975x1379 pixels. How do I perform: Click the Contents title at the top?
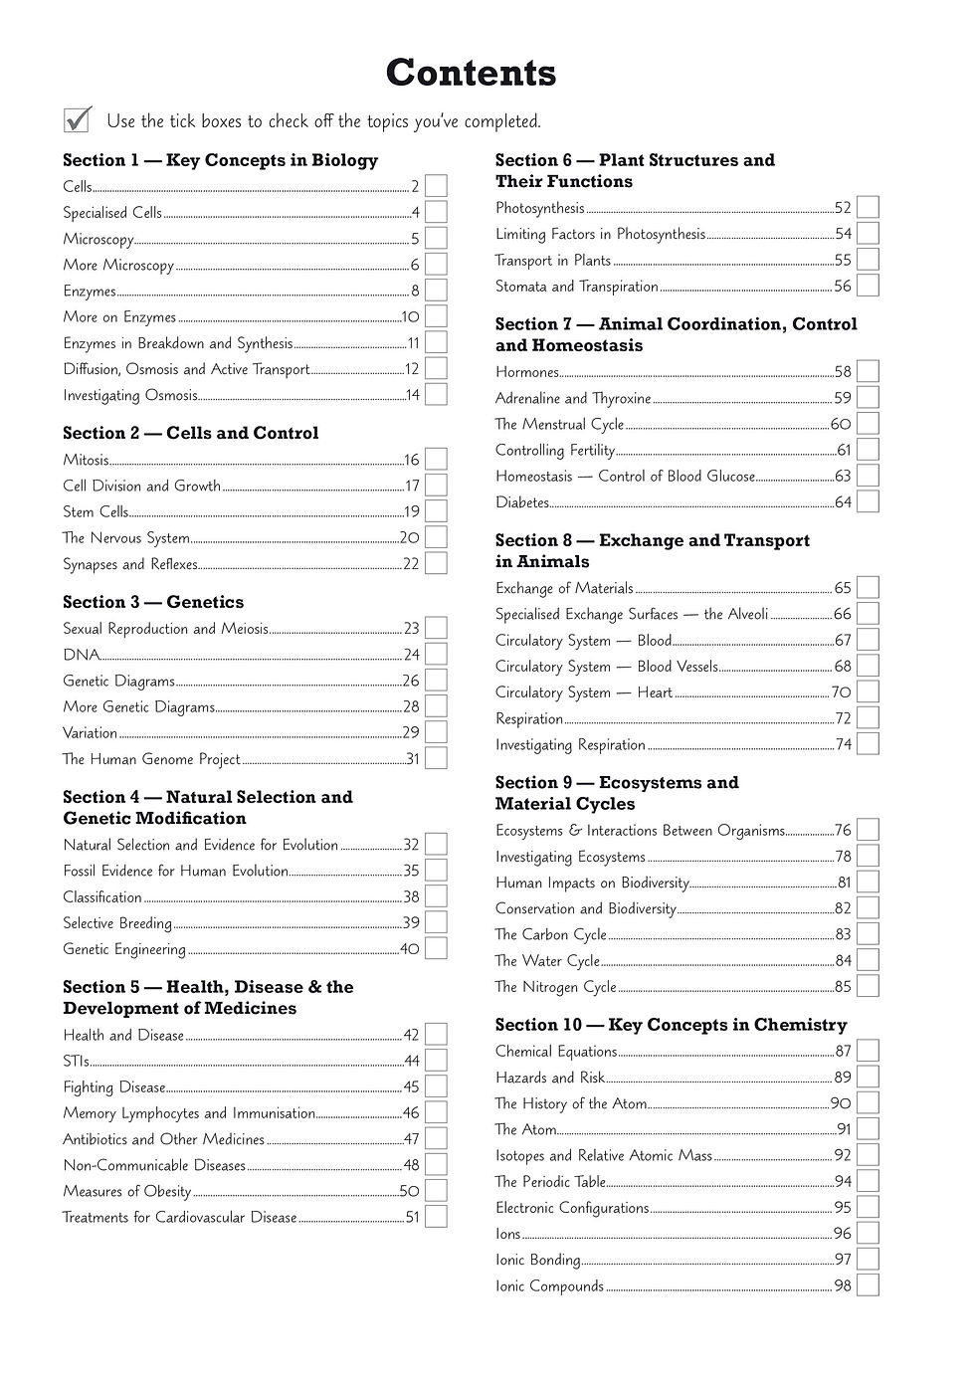(471, 74)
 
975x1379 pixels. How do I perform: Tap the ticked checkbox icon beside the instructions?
(78, 119)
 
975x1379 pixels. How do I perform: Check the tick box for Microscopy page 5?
(436, 239)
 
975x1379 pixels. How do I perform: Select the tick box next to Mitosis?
(436, 460)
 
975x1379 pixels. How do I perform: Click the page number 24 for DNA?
(412, 655)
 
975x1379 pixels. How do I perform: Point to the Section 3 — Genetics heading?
(153, 602)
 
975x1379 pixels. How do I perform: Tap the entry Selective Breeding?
(117, 923)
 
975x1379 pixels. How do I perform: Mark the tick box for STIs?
(436, 1061)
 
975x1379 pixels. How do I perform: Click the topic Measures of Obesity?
(126, 1191)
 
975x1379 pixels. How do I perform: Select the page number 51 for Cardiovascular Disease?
(413, 1217)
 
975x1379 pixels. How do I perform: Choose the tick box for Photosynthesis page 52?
(868, 208)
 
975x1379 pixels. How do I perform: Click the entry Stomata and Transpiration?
(577, 287)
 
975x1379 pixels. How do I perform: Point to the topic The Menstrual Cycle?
(559, 424)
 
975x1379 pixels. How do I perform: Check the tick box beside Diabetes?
(868, 502)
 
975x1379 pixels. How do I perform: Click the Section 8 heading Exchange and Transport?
(653, 550)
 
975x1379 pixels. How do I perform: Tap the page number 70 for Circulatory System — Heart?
(842, 692)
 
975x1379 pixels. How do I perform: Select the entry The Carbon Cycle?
(551, 934)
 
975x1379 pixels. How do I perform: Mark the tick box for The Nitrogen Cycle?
(868, 986)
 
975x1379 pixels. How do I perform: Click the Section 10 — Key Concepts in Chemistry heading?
(672, 1025)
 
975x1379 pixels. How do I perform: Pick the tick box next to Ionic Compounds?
(868, 1285)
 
